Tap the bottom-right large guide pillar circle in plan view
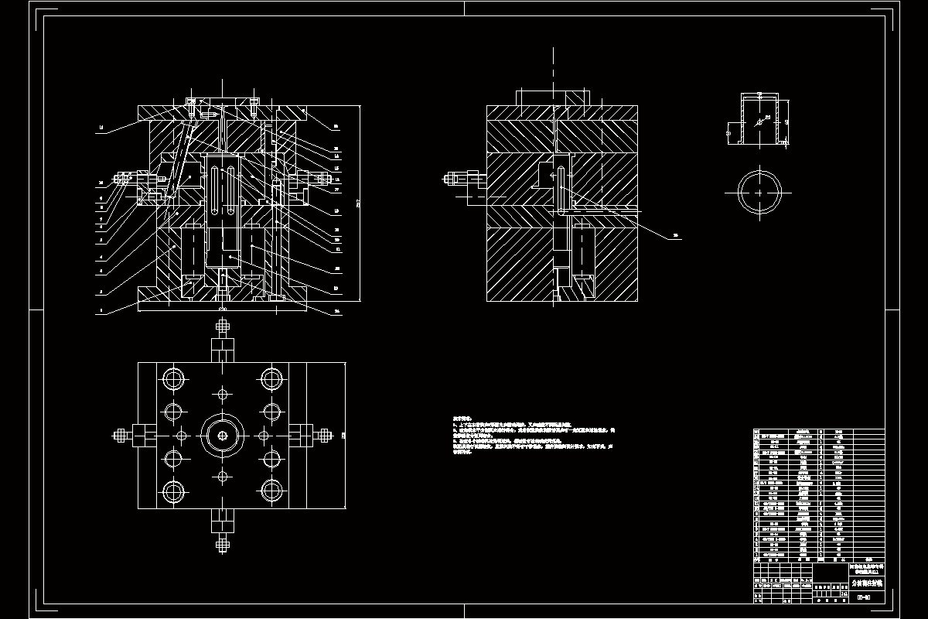click(271, 491)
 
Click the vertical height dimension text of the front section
click(358, 203)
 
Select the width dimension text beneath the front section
click(223, 309)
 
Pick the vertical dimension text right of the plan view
click(343, 436)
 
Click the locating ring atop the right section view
click(554, 98)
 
